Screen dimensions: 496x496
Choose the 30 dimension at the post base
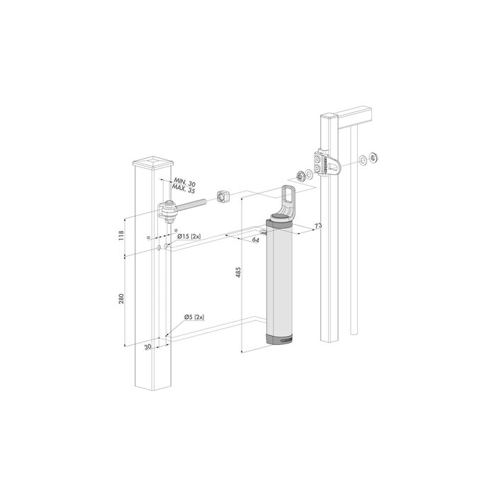point(148,347)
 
